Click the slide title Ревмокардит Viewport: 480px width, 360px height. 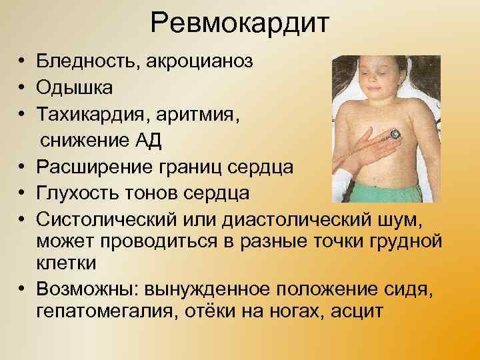[239, 25]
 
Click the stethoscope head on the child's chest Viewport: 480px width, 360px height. [395, 135]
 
